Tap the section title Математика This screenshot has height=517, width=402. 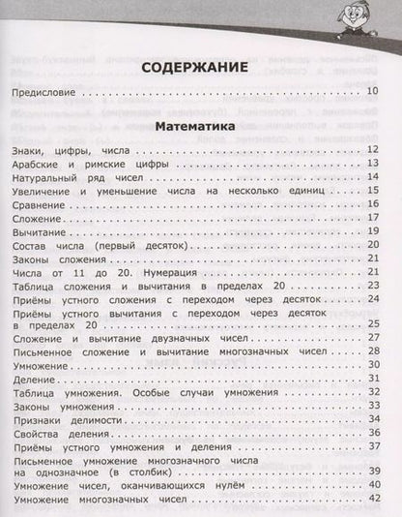(x=200, y=125)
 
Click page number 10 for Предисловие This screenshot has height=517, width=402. (x=378, y=94)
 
